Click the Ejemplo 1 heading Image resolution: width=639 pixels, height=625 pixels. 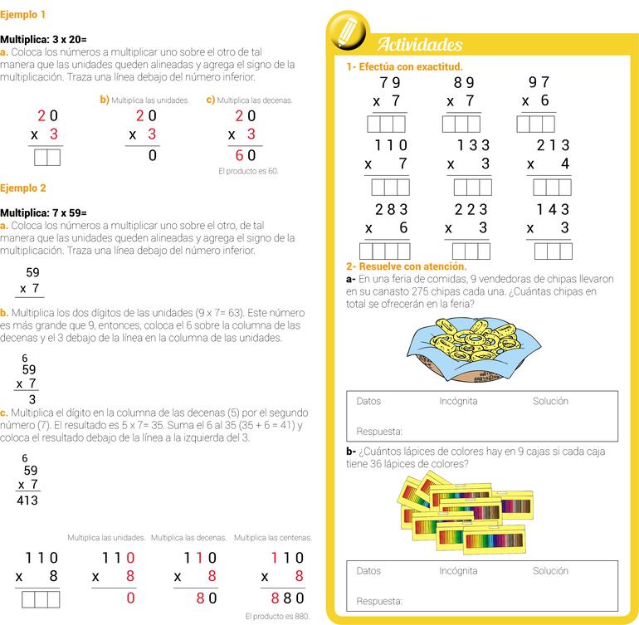tap(23, 15)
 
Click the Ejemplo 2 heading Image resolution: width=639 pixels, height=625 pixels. tap(23, 188)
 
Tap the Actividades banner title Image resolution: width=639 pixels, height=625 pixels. tap(420, 45)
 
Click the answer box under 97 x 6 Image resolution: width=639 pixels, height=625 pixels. tap(535, 124)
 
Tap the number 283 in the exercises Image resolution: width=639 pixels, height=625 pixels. tap(391, 210)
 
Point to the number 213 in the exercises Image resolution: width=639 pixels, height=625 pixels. tap(553, 145)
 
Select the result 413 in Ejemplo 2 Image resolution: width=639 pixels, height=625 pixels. tap(27, 500)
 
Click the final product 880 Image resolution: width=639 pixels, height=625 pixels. tap(289, 598)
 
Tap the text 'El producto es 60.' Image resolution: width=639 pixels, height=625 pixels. tap(248, 171)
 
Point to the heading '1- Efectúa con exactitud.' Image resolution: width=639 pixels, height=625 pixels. tap(404, 66)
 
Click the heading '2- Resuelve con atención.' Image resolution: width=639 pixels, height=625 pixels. tap(406, 266)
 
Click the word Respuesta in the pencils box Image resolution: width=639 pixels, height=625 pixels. tap(378, 601)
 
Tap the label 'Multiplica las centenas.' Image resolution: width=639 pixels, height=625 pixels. tap(272, 538)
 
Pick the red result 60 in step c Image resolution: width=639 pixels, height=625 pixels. tap(245, 155)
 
